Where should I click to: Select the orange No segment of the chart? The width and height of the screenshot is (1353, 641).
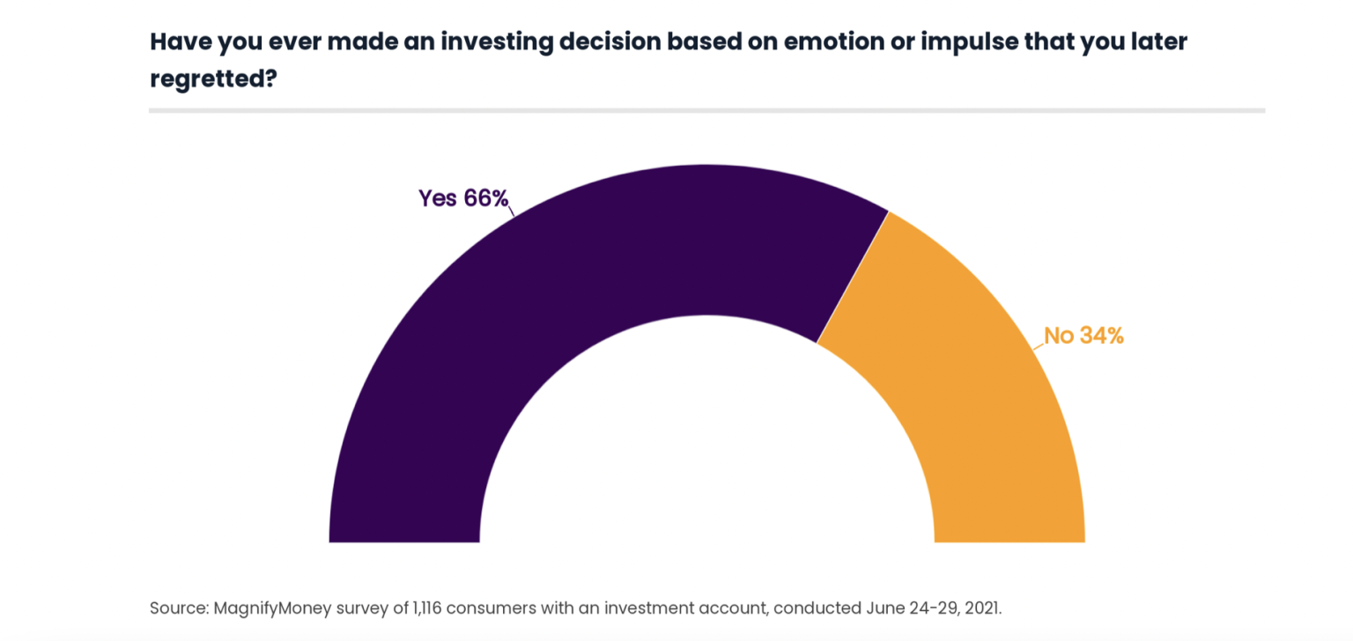tap(969, 370)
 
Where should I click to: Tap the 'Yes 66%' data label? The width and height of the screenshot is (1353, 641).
tap(463, 198)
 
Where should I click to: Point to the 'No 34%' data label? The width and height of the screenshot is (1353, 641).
tap(1083, 336)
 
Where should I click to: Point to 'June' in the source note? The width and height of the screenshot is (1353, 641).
tap(874, 608)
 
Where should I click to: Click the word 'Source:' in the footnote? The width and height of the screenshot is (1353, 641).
tap(179, 608)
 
